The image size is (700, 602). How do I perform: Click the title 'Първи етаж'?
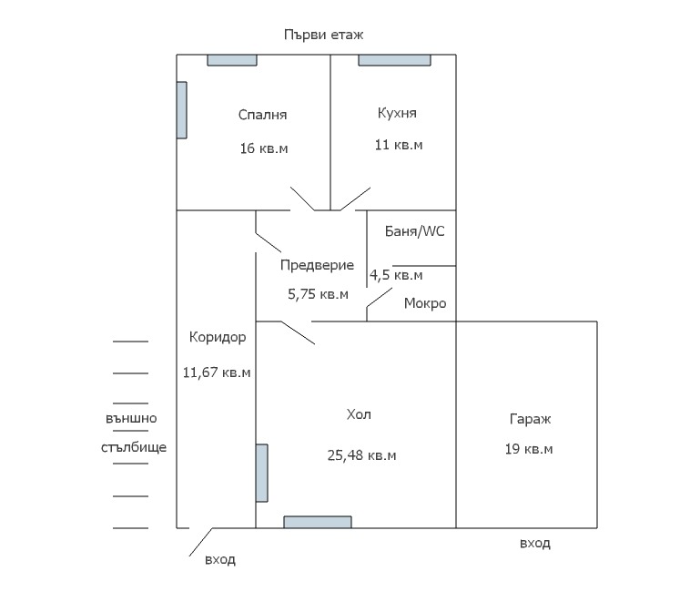coord(324,35)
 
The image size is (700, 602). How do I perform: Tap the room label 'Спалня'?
coord(262,115)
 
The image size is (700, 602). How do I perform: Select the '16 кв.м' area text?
coord(264,148)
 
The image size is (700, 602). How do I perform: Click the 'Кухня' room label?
coord(397,113)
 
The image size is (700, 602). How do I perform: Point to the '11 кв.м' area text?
coord(399,145)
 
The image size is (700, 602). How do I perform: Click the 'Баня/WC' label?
coord(415,231)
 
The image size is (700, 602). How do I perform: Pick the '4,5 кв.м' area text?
coord(396,275)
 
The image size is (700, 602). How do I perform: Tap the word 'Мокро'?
coord(425,303)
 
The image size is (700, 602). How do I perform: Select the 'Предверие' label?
coord(317,265)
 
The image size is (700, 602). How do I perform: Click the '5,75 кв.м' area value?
coord(318,294)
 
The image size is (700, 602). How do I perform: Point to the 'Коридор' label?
coord(218,337)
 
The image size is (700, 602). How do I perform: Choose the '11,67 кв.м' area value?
coord(217,372)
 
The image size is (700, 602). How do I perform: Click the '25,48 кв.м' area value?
coord(361,455)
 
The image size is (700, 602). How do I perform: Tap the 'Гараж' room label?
coord(530,419)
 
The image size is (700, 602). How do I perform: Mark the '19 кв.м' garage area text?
coord(529,449)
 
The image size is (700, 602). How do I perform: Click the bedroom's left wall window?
coord(182,110)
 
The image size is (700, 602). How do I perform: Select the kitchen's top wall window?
coord(395,60)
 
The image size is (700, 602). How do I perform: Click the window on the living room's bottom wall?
coord(318,522)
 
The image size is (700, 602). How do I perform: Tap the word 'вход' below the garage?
coord(535,544)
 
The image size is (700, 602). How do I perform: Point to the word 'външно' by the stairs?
coord(131,418)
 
